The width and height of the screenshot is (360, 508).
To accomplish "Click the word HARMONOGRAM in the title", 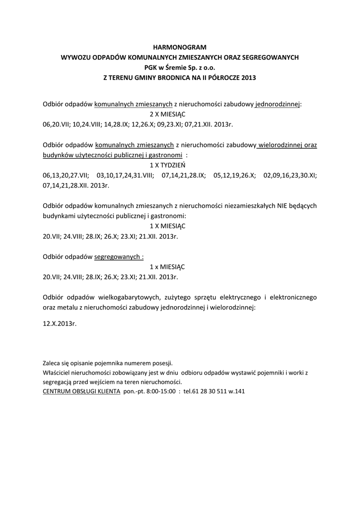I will (x=180, y=47).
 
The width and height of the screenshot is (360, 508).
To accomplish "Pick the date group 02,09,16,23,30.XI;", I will (x=290, y=175).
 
